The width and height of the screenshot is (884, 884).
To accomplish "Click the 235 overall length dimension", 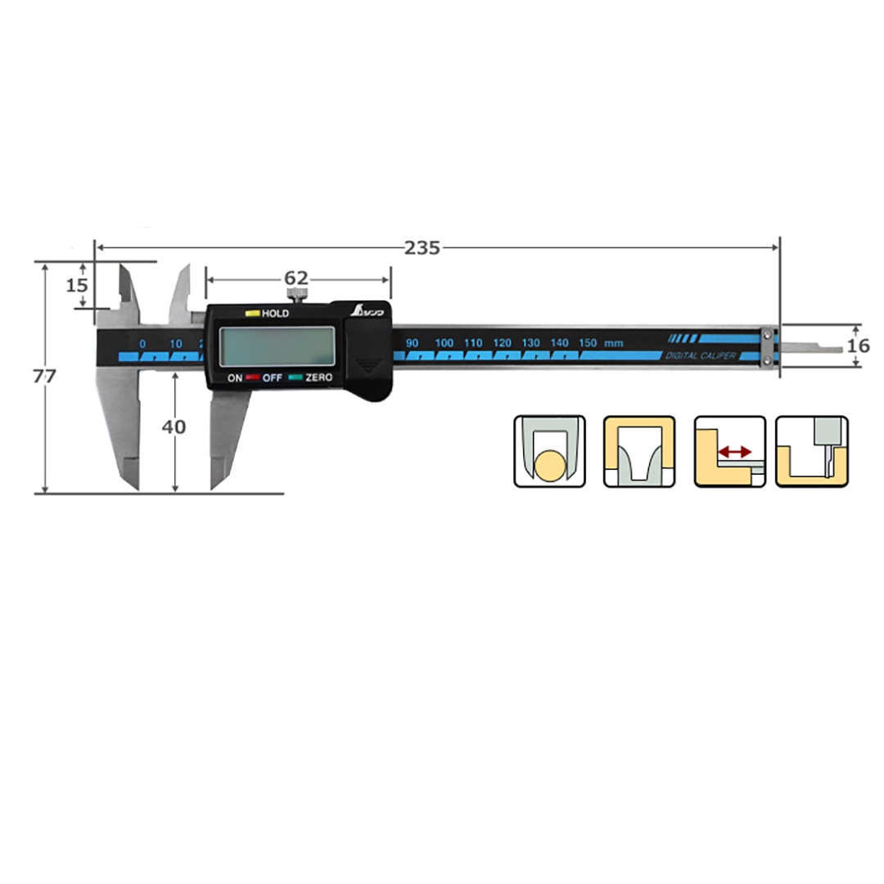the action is pyautogui.click(x=422, y=247).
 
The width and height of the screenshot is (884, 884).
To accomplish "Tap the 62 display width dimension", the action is pyautogui.click(x=296, y=278).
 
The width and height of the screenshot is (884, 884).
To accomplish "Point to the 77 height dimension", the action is pyautogui.click(x=44, y=376).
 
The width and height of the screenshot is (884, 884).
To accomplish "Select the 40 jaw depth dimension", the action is pyautogui.click(x=174, y=426).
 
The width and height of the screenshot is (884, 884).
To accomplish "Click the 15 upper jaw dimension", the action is pyautogui.click(x=77, y=286).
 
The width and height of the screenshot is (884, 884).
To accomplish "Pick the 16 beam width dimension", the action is pyautogui.click(x=858, y=345).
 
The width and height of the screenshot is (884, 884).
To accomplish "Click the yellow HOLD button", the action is pyautogui.click(x=252, y=313).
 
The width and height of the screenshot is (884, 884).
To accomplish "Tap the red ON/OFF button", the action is pyautogui.click(x=252, y=377).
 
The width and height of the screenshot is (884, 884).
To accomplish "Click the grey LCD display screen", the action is pyautogui.click(x=277, y=346).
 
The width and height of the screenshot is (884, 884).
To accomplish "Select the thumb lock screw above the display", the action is pyautogui.click(x=297, y=295).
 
